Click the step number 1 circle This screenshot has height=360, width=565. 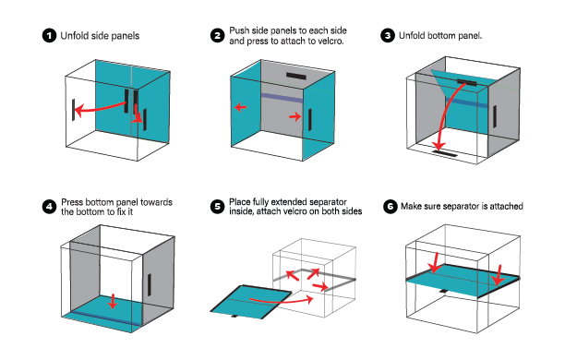point(49,36)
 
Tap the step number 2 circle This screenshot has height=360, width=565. point(217,36)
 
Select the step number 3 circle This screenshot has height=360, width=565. point(388,36)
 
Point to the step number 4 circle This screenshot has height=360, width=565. point(49,207)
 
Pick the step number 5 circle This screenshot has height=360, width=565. point(217,207)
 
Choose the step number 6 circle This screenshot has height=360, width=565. point(390,207)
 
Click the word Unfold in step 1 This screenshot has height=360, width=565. point(73,36)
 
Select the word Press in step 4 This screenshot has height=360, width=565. point(72,202)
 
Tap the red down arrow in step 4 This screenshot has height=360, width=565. point(114,301)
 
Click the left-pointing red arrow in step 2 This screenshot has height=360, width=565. point(240,107)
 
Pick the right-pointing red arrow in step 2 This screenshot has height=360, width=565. point(295,116)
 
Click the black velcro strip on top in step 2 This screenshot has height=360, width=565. point(296,76)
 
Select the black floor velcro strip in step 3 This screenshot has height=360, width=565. point(445,153)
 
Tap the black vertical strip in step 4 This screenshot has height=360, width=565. point(150,284)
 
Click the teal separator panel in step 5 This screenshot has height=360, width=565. point(251,302)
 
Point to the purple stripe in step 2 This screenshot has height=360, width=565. point(282,98)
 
